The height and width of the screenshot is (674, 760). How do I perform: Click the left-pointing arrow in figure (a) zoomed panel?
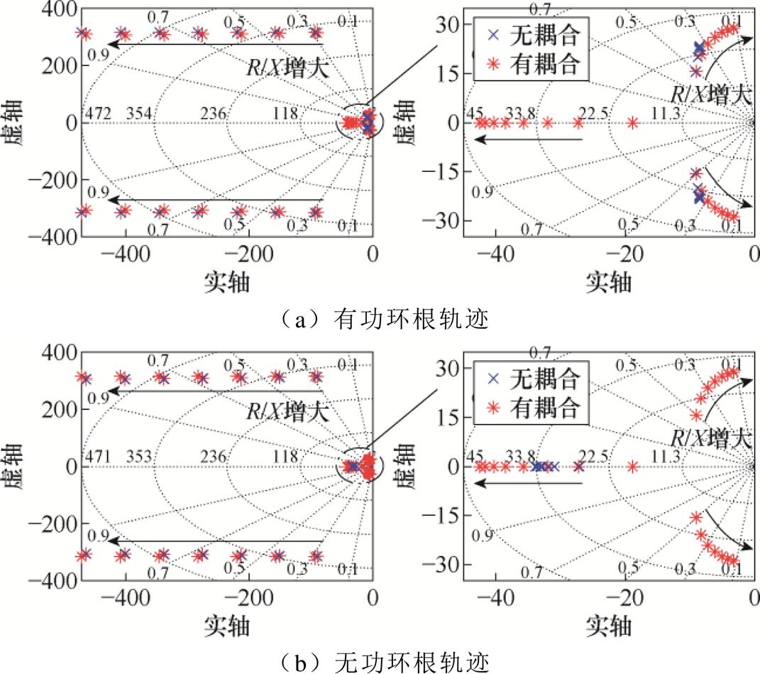click(x=529, y=140)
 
